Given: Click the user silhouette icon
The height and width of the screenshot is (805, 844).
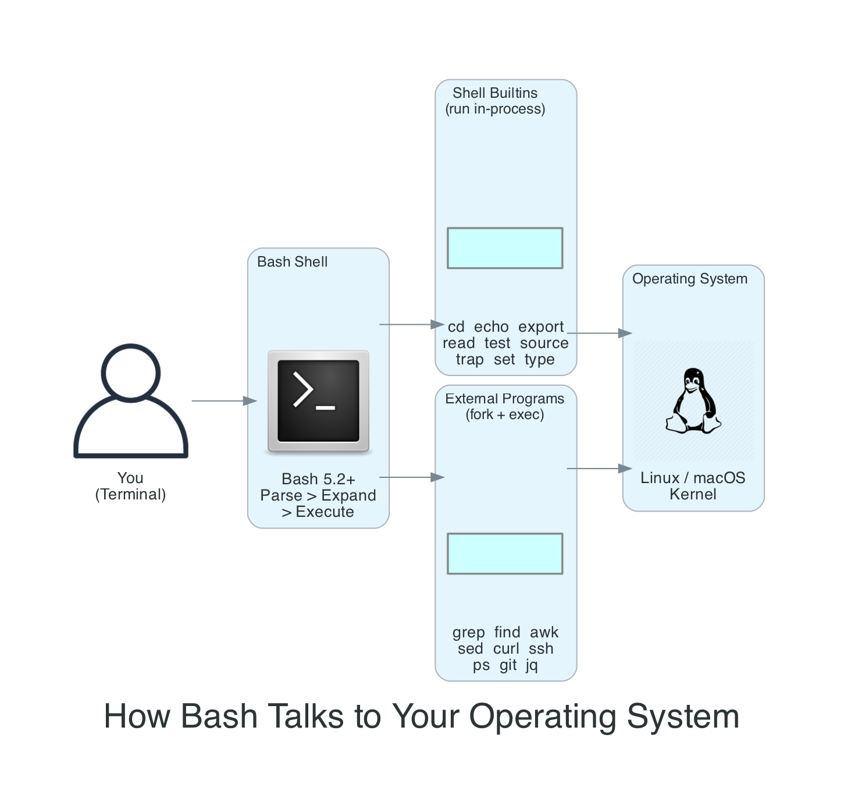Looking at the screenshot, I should pyautogui.click(x=131, y=401).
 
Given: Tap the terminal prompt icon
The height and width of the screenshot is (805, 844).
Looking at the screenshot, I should pyautogui.click(x=318, y=401).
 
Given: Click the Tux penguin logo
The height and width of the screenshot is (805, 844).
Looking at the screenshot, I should pyautogui.click(x=693, y=401).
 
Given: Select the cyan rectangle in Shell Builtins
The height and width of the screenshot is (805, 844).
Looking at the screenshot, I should pyautogui.click(x=504, y=248).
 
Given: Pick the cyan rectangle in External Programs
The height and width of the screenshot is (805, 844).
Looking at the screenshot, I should pyautogui.click(x=504, y=554).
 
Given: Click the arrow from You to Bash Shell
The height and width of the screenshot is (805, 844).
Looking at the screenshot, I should pyautogui.click(x=224, y=401).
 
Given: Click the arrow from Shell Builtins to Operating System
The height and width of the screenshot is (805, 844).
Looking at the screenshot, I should pyautogui.click(x=599, y=333).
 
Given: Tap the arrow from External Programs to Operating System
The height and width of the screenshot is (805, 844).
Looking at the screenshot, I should pyautogui.click(x=599, y=469).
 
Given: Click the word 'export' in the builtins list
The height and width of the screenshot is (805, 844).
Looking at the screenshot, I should pyautogui.click(x=541, y=327).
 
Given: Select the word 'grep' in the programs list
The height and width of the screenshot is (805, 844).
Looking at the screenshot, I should pyautogui.click(x=468, y=632).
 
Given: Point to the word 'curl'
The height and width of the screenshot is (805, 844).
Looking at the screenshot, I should pyautogui.click(x=506, y=648).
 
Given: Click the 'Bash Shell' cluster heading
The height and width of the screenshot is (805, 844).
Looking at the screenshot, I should pyautogui.click(x=292, y=262).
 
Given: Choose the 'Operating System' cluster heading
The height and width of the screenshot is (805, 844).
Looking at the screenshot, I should pyautogui.click(x=689, y=279).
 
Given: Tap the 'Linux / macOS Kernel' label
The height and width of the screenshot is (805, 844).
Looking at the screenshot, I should pyautogui.click(x=693, y=486).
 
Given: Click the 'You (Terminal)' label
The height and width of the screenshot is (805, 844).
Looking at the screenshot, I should pyautogui.click(x=130, y=486).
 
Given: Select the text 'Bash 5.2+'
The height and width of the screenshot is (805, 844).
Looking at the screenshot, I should pyautogui.click(x=318, y=479).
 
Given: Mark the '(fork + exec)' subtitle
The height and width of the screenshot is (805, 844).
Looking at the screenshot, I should pyautogui.click(x=504, y=414).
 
